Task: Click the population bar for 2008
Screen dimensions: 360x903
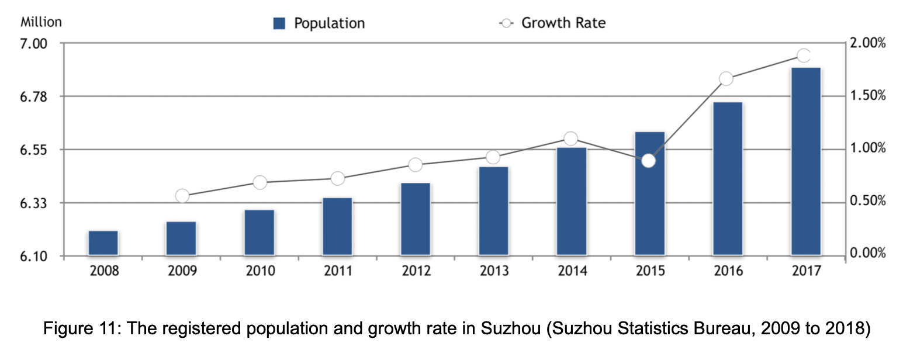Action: pyautogui.click(x=103, y=243)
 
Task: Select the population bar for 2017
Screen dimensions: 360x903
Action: pyautogui.click(x=805, y=161)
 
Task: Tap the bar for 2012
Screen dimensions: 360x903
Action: pyautogui.click(x=415, y=219)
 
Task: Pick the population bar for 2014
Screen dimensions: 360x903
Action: pyautogui.click(x=571, y=201)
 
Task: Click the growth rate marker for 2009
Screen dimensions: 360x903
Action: pyautogui.click(x=182, y=196)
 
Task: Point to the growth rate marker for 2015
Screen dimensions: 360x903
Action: pyautogui.click(x=648, y=161)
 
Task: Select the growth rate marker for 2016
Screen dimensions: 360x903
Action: pyautogui.click(x=726, y=79)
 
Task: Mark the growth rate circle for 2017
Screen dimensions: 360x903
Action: pyautogui.click(x=804, y=56)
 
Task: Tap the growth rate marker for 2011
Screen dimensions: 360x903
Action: pyautogui.click(x=337, y=178)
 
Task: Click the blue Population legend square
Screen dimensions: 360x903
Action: pyautogui.click(x=279, y=23)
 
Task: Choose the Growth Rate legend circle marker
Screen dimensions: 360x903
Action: pyautogui.click(x=506, y=23)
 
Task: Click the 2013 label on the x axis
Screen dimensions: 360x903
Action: pyautogui.click(x=493, y=271)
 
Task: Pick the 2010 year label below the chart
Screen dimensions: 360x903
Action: pyautogui.click(x=260, y=271)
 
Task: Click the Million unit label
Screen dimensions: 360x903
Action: pyautogui.click(x=41, y=22)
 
